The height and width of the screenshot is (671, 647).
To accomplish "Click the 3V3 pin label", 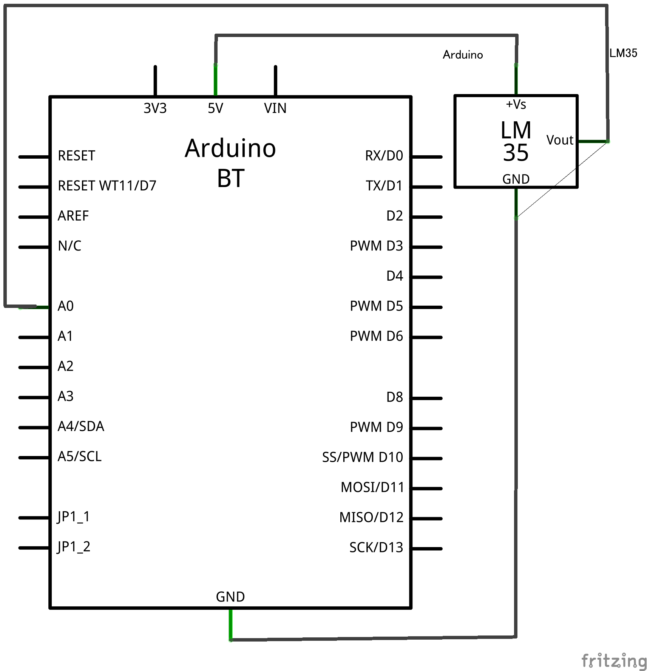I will click(x=155, y=108).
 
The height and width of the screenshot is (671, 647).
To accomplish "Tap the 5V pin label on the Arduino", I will click(x=215, y=108).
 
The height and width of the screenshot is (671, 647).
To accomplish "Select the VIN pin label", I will click(x=275, y=108).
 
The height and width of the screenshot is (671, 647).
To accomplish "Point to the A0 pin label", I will click(x=65, y=306).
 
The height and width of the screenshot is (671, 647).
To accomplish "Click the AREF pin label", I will click(x=73, y=216).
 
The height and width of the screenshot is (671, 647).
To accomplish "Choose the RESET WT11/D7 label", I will click(x=107, y=186).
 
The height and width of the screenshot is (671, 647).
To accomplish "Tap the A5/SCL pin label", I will click(x=79, y=456).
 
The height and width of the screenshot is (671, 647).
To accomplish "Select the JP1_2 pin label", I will click(x=74, y=547).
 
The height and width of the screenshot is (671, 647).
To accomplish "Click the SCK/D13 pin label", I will click(x=376, y=547).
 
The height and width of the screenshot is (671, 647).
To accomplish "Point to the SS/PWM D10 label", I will click(x=362, y=457).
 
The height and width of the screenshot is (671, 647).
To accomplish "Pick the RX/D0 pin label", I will click(x=384, y=156).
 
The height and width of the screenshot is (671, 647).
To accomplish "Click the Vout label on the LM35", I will click(x=559, y=140).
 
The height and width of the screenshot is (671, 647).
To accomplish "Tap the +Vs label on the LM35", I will click(x=516, y=104).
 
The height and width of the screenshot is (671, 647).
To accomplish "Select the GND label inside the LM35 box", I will click(x=516, y=179).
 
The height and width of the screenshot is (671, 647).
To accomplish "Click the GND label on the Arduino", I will click(x=230, y=597).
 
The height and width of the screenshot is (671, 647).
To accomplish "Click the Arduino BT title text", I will click(x=230, y=162).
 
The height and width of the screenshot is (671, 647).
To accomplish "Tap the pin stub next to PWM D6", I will click(x=427, y=337).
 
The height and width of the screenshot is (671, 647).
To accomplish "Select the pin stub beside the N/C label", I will click(x=34, y=247).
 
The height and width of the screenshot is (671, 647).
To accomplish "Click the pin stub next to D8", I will click(x=427, y=398).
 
